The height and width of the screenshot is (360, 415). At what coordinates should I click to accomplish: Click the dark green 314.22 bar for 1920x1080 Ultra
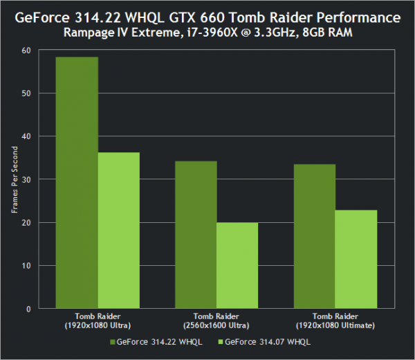tap(77, 183)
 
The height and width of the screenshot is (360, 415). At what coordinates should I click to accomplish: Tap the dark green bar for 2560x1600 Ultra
tap(196, 235)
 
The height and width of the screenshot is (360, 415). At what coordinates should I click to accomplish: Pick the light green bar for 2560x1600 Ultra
tap(237, 265)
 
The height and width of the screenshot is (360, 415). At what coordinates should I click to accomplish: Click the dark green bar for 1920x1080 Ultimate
tap(315, 236)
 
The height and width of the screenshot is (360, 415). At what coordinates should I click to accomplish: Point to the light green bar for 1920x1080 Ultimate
tap(356, 259)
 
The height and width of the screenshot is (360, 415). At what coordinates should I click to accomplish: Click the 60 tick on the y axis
tap(27, 51)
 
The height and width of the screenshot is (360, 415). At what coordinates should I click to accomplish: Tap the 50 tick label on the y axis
tap(27, 93)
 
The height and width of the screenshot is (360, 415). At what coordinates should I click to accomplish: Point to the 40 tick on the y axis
tap(27, 136)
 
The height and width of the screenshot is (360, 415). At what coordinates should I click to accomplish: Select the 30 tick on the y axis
tap(27, 179)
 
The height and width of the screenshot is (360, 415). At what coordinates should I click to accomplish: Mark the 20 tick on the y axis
tap(27, 222)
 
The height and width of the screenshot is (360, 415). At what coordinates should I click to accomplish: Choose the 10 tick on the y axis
tap(27, 265)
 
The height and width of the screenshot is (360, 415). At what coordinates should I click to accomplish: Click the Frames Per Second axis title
tap(14, 179)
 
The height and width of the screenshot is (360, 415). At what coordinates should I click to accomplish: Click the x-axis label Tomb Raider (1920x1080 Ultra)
tap(98, 321)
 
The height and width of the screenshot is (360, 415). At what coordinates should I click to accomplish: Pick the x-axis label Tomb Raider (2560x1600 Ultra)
tap(216, 321)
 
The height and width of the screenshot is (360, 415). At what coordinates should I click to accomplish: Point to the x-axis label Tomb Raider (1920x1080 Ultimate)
tap(335, 321)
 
